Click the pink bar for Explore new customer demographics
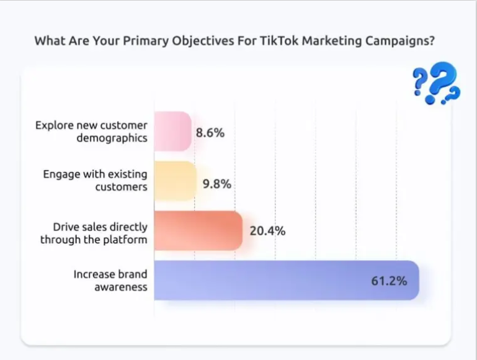pyautogui.click(x=172, y=131)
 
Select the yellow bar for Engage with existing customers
pyautogui.click(x=175, y=181)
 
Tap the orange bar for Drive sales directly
pyautogui.click(x=197, y=230)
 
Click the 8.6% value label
pyautogui.click(x=210, y=132)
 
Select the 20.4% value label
pyautogui.click(x=267, y=231)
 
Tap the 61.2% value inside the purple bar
pyautogui.click(x=389, y=281)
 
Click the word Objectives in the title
pyautogui.click(x=193, y=41)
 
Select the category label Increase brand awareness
pyautogui.click(x=110, y=280)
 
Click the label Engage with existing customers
pyautogui.click(x=95, y=180)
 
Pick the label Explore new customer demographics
pyautogui.click(x=91, y=131)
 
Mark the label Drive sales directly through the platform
pyautogui.click(x=94, y=233)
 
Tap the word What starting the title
pyautogui.click(x=48, y=41)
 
